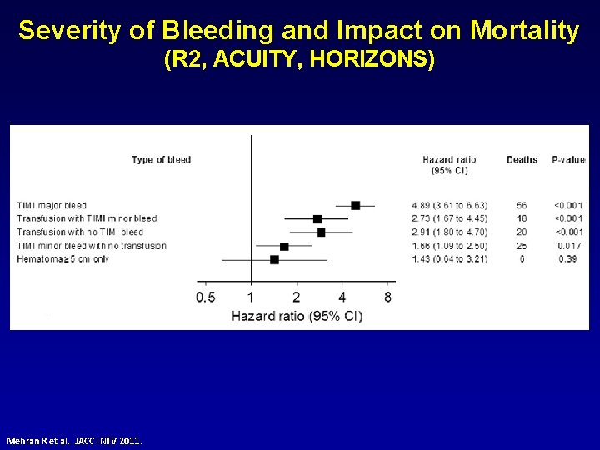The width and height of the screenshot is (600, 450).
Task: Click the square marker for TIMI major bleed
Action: pos(356,205)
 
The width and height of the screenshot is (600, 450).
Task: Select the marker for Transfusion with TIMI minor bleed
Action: pos(317,218)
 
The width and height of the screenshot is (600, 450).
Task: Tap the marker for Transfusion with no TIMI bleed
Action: pos(321,232)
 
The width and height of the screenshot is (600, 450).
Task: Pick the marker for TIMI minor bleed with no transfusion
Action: pos(284,246)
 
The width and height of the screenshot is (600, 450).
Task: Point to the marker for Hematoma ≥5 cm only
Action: pos(274,259)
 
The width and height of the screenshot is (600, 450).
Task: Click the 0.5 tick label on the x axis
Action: pos(206,297)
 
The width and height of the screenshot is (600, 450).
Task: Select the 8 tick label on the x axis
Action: pos(388,297)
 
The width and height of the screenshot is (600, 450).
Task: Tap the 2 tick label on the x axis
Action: pos(297,297)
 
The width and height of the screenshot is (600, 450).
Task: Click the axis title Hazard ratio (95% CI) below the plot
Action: pos(297,316)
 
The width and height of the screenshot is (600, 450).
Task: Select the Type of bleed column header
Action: pos(162,160)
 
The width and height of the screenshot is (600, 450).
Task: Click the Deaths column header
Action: pos(522,160)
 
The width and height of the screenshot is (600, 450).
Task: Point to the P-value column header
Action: pos(568,160)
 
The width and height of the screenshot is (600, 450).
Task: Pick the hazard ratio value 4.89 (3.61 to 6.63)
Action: pos(449,205)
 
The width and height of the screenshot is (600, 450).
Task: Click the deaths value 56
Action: pos(522,205)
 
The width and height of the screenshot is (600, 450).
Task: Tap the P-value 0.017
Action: pos(569,246)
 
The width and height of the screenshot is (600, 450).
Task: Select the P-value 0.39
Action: pos(569,259)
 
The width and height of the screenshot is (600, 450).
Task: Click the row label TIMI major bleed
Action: pos(52,205)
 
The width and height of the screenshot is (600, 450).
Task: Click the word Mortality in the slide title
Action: pos(524,31)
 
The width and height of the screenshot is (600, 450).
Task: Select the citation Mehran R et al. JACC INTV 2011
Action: pos(74,439)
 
